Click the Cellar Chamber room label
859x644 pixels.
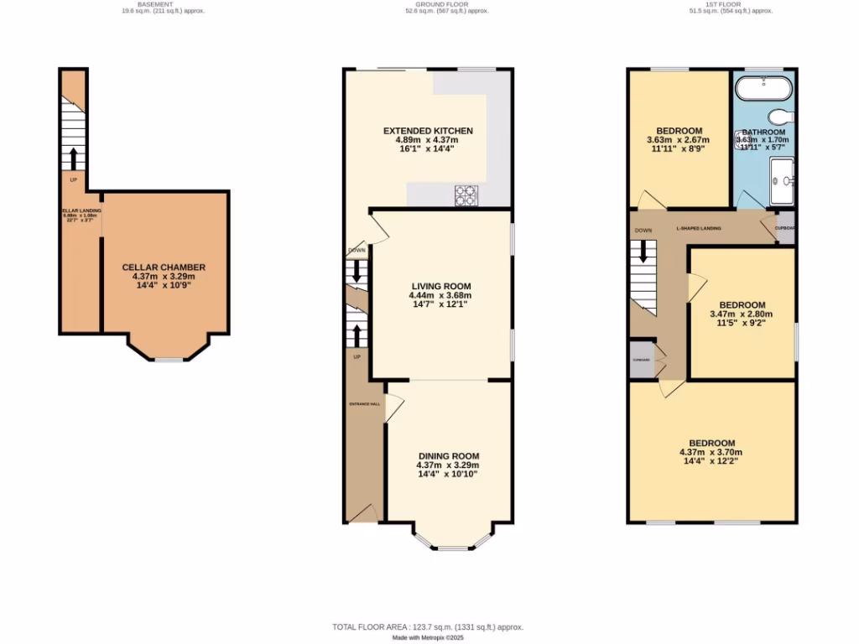point(164,267)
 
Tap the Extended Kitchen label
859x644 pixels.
point(428,131)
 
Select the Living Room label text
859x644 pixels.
point(440,285)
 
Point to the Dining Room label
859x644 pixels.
point(447,456)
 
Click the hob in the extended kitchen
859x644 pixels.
point(466,195)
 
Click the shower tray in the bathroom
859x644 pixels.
point(783,181)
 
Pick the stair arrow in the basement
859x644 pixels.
point(73,158)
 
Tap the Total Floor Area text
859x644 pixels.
point(428,626)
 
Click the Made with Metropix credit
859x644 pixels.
point(429,637)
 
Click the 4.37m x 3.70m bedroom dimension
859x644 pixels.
point(711,453)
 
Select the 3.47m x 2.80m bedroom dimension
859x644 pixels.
point(742,314)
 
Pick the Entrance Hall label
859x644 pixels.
point(364,404)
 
